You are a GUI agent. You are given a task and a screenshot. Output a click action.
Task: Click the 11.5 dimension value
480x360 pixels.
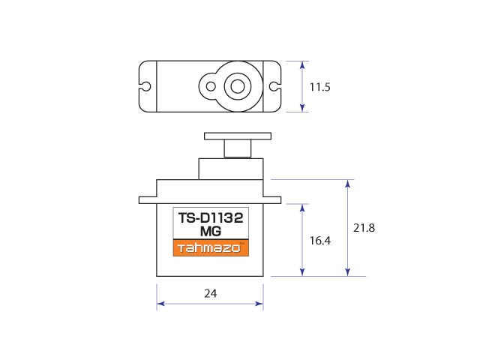pos(320,87)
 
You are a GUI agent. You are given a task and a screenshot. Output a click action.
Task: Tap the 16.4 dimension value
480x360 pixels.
pos(320,241)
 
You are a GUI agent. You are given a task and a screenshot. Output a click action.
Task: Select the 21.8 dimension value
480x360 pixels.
pos(364,228)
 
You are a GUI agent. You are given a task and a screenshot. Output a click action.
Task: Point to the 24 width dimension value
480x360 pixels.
pos(211,294)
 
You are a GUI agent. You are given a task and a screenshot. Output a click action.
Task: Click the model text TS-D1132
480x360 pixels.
pos(211,218)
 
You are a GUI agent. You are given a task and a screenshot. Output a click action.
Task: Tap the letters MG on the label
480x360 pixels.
pos(211,232)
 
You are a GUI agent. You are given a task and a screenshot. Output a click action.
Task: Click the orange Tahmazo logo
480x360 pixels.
pos(211,247)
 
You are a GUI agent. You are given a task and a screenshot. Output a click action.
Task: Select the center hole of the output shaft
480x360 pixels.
pos(238,86)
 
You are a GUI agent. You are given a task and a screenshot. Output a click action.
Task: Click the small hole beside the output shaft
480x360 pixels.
pos(211,86)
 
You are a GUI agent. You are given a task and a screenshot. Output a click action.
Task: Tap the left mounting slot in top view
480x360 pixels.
pos(145,86)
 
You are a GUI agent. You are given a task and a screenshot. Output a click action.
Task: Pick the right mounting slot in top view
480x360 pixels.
pos(275,86)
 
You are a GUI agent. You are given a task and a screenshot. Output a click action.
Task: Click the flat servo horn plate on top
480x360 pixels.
pos(238,136)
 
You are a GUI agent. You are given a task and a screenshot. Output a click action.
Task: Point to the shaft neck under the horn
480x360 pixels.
pos(238,148)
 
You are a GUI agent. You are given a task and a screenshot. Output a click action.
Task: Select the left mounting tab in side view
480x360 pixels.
pos(148,200)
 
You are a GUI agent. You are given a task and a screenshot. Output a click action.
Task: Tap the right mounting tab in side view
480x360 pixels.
pos(272,200)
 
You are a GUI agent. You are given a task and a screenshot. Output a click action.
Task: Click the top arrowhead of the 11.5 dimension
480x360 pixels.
pos(302,64)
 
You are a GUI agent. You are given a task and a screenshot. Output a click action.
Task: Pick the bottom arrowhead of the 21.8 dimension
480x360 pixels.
pos(347,272)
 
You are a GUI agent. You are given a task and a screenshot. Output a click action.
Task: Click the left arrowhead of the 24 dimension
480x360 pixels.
pos(160,304)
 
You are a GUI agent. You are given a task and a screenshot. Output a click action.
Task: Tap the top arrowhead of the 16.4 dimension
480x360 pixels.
pos(302,208)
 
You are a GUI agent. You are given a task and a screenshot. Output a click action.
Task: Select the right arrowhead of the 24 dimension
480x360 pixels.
pos(259,304)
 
